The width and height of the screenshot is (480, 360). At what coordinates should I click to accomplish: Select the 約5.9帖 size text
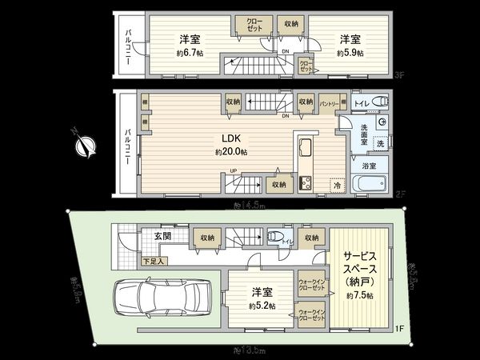click(349, 53)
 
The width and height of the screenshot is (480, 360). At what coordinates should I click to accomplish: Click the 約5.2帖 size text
click(261, 306)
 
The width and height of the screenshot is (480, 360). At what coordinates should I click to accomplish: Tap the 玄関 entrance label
click(154, 236)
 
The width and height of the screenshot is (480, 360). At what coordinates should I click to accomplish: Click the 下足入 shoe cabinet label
click(131, 261)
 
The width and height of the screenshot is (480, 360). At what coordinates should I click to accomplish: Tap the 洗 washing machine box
click(380, 142)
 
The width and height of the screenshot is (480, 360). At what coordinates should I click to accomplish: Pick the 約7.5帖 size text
click(360, 295)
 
